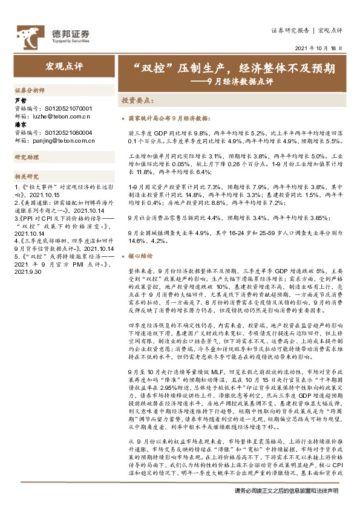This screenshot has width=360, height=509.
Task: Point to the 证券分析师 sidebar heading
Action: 29,89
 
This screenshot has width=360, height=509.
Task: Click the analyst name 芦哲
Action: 20,100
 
